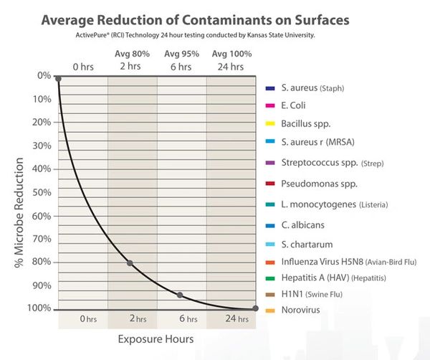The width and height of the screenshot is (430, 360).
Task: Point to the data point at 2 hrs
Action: pos(130,263)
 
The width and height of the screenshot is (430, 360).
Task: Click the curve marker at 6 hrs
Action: pos(180,295)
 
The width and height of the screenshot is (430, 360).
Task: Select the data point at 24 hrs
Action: pos(256,309)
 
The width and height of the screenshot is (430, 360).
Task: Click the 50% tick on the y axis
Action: pos(44,192)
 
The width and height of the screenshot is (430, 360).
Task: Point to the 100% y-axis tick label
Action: pos(41,308)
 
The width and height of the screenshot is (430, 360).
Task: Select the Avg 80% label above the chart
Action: pos(133,54)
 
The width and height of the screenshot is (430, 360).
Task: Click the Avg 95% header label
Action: pos(181,54)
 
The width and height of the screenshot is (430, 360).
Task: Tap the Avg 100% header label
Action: pos(231,54)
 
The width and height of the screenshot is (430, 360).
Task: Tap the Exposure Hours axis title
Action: pos(156,338)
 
